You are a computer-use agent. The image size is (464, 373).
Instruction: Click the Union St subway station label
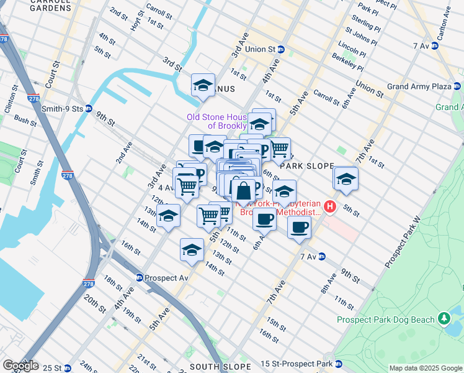point(259,48)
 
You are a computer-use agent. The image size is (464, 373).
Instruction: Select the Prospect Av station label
point(162,278)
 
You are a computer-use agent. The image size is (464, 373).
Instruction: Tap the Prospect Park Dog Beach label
point(385,320)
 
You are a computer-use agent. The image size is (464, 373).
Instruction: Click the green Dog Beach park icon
point(444,319)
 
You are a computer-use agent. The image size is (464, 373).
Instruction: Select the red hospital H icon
point(330,206)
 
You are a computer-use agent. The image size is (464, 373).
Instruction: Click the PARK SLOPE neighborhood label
point(308,167)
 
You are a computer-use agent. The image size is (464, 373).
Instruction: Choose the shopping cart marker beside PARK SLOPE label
point(280,149)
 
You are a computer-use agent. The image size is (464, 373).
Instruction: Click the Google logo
point(20,366)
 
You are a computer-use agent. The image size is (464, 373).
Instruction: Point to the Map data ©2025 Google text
point(426,368)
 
